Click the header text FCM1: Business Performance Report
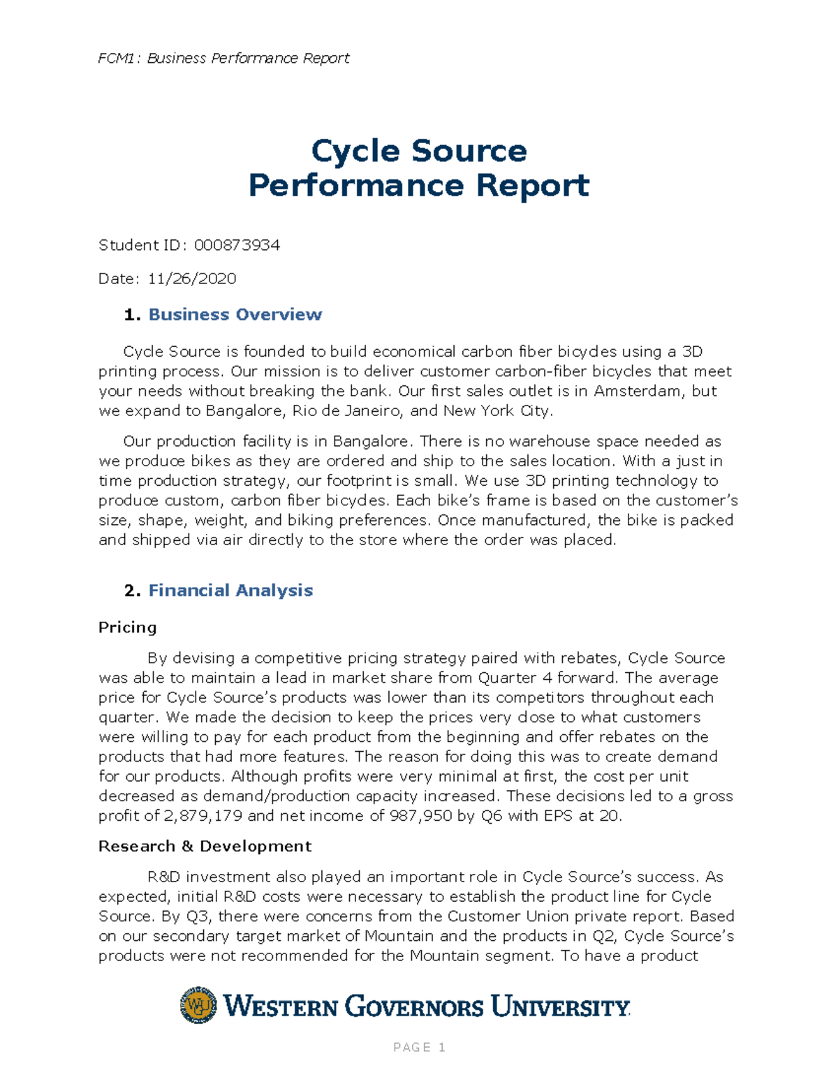tap(223, 58)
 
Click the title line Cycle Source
tap(418, 151)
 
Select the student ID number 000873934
tap(237, 245)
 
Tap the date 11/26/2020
tap(191, 279)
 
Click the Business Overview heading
tap(235, 315)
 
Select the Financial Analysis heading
tap(230, 591)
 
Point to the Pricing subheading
tap(127, 627)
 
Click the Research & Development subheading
tap(205, 846)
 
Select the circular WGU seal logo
tap(198, 1005)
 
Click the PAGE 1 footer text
tap(419, 1047)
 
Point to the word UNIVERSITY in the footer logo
tap(560, 1007)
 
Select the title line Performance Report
tap(418, 186)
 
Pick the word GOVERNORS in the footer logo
tap(414, 1007)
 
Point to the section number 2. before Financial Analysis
tap(132, 591)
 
